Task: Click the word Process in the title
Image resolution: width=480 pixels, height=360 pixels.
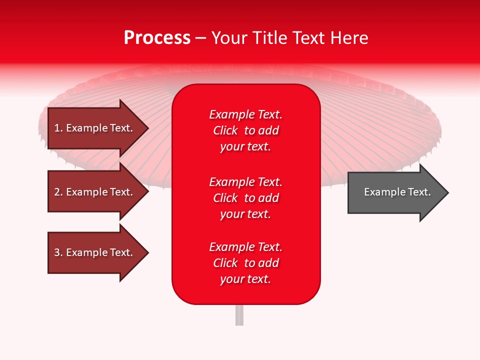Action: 157,38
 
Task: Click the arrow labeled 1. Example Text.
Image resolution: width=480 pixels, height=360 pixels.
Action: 98,128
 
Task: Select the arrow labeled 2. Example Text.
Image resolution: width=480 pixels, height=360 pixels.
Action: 98,191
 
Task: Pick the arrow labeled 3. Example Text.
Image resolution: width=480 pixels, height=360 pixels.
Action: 98,252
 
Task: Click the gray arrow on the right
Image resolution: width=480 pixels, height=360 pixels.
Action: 398,192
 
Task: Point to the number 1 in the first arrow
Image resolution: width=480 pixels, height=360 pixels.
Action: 57,128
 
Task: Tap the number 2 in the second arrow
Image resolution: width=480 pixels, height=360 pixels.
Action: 57,192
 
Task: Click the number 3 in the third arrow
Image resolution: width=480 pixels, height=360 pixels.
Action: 57,252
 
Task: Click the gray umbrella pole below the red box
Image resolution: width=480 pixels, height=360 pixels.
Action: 239,315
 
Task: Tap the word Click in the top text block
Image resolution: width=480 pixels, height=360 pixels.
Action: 225,130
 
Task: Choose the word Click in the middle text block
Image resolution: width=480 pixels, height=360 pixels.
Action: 225,198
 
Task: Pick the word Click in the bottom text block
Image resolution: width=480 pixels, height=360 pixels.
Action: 225,263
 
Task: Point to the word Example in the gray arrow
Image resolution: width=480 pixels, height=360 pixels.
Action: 385,192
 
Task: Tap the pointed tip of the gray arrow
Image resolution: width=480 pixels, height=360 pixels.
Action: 449,192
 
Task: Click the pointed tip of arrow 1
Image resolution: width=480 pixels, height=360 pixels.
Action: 149,128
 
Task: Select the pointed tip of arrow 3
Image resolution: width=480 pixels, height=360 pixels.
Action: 149,252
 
